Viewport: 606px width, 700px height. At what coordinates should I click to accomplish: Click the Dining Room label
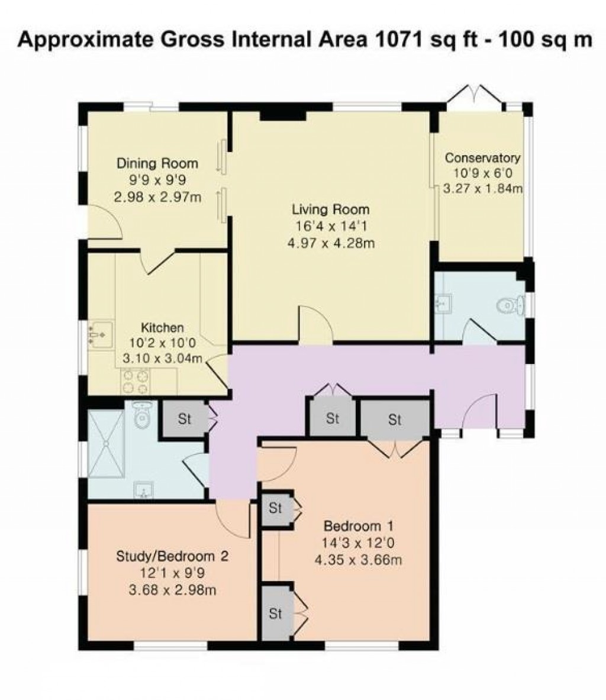pyautogui.click(x=157, y=163)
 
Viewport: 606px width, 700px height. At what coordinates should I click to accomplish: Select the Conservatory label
pyautogui.click(x=482, y=158)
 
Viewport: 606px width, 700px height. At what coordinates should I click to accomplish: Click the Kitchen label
pyautogui.click(x=162, y=327)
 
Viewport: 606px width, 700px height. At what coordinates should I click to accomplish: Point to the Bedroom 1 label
pyautogui.click(x=359, y=525)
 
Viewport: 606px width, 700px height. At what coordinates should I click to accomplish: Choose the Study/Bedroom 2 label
pyautogui.click(x=172, y=556)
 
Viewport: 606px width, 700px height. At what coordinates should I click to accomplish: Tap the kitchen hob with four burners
pyautogui.click(x=134, y=381)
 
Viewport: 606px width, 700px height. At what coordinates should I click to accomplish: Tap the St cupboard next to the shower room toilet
pyautogui.click(x=185, y=419)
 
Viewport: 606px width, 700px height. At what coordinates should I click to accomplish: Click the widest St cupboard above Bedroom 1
pyautogui.click(x=395, y=420)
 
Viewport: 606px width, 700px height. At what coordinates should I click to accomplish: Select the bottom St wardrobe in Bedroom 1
pyautogui.click(x=275, y=614)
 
